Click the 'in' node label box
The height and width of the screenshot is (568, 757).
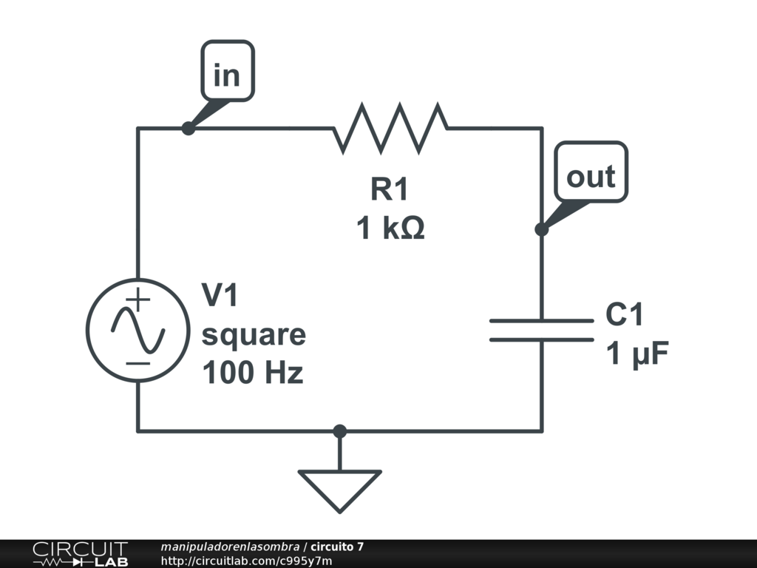pos(228,71)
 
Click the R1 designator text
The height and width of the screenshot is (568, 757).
pos(390,190)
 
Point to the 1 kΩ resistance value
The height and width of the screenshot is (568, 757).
pos(390,229)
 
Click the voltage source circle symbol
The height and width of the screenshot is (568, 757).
pos(138,330)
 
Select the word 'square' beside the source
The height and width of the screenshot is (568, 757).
pos(254,335)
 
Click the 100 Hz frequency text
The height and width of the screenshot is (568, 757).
pos(253,373)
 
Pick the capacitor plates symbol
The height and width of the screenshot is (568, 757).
pos(541,331)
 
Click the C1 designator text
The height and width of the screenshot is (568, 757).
pos(625,315)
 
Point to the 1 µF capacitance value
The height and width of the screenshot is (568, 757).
pos(637,354)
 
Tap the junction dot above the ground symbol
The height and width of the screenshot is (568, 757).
pos(339,430)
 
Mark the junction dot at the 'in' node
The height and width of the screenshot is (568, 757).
pos(189,129)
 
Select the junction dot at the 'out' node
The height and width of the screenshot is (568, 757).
pos(542,229)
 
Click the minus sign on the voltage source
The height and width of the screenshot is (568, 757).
pos(138,362)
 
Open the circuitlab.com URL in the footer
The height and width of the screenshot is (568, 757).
pos(246,561)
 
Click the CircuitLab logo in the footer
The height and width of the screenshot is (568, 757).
pos(80,554)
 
